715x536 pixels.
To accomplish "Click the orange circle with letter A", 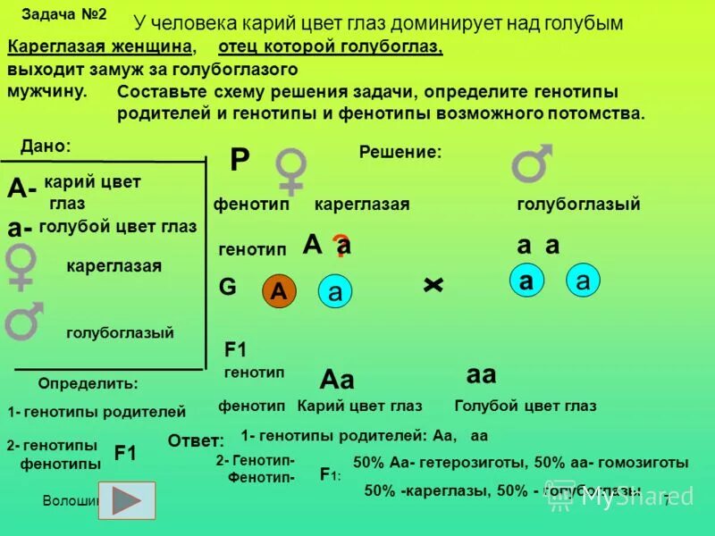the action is pos(278,291).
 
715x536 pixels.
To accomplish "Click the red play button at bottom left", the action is pos(127,501).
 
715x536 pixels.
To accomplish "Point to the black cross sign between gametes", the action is pos(433,284).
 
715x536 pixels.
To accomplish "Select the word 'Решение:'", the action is pos(400,153).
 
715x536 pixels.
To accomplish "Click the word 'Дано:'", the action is pos(45,145).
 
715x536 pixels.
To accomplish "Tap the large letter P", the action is pos(240,161).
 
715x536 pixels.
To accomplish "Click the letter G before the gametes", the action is pos(228,288).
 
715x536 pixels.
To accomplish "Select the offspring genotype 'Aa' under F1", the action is pos(337,380).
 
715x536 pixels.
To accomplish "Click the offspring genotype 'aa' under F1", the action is pos(481,374).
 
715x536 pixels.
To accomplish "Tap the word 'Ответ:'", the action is pos(195,440).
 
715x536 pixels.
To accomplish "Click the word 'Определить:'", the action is pos(88,383).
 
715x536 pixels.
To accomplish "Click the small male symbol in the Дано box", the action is pos(23,321).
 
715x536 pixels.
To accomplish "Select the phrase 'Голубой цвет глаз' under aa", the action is pos(525,406).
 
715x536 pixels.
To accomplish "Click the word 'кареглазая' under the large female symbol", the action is pos(361,205).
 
